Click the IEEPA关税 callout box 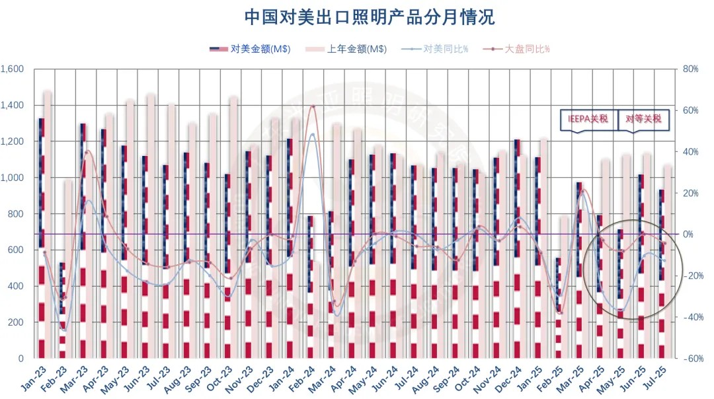click(588, 120)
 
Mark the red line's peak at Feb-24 click(313, 106)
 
